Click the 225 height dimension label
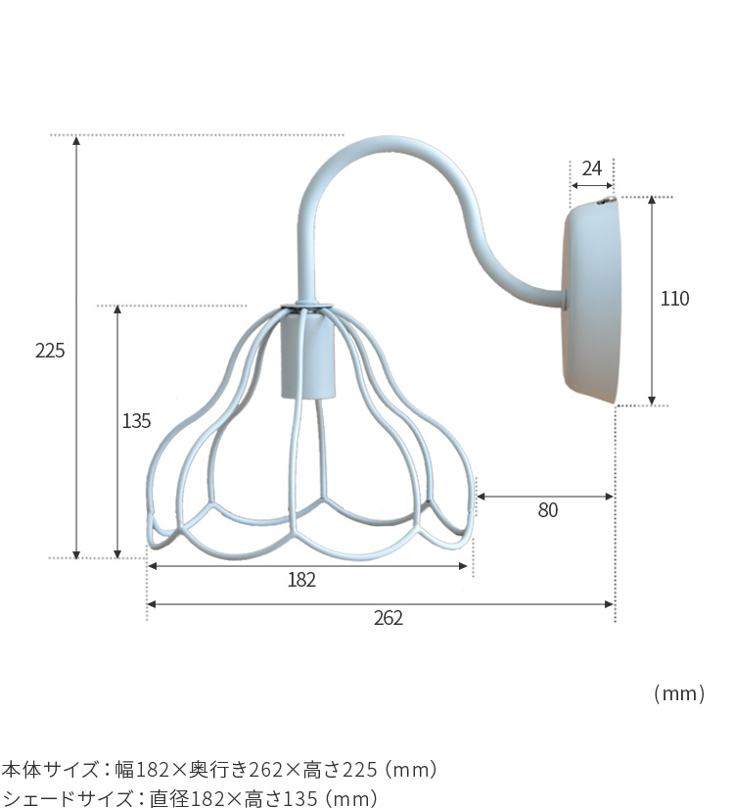pos(50,351)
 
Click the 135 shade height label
pos(136,421)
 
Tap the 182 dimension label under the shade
pos(301,580)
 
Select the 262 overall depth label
pos(389,617)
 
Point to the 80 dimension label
pos(547,510)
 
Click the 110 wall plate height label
pos(674,299)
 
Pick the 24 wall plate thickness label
pos(592,168)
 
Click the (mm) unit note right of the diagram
pos(679,693)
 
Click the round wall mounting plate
pos(592,302)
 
